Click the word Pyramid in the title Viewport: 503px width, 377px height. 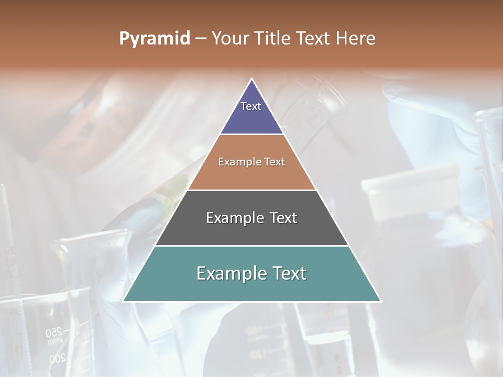(154, 39)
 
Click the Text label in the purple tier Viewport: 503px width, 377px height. (251, 106)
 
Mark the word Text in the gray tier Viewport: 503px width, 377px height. (283, 218)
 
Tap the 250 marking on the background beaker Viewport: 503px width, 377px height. (53, 331)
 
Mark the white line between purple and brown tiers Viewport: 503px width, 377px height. (251, 135)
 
